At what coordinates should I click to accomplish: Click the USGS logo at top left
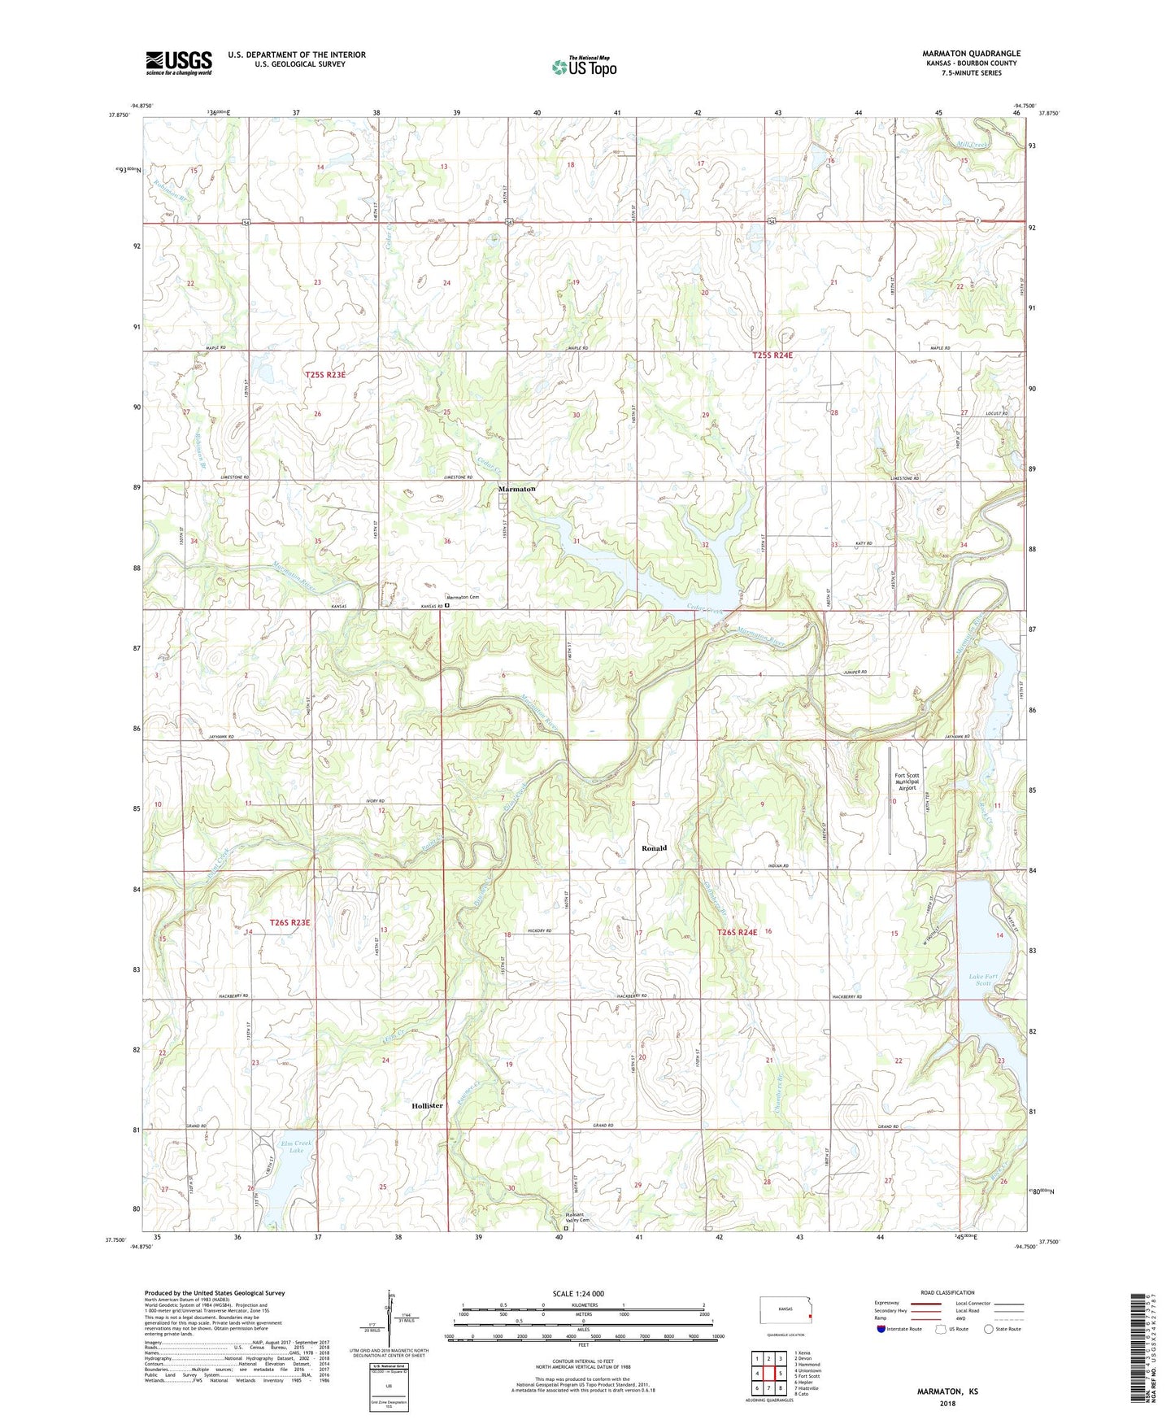[179, 62]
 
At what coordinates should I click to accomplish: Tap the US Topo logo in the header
[583, 67]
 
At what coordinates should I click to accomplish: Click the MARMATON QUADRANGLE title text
[971, 54]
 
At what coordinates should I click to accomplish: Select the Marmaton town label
[516, 489]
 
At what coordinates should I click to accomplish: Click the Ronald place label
[654, 848]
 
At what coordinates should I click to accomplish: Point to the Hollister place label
[427, 1106]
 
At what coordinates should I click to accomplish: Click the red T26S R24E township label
[737, 932]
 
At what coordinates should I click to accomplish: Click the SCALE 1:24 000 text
[578, 1294]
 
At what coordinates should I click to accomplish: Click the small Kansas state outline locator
[784, 1312]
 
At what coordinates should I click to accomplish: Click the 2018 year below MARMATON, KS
[947, 1403]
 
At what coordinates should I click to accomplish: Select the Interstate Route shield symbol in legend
[881, 1329]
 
